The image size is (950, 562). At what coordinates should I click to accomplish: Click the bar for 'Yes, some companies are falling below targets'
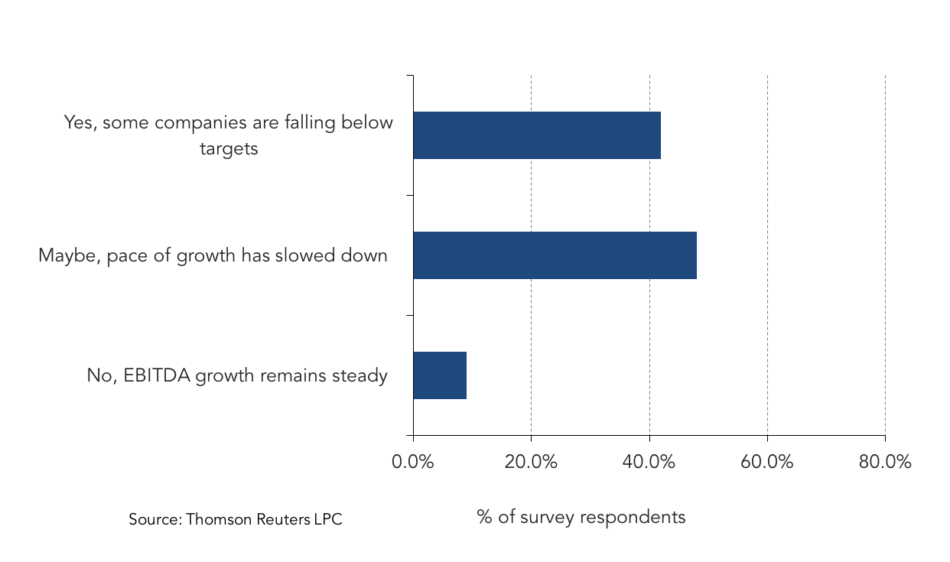coord(537,135)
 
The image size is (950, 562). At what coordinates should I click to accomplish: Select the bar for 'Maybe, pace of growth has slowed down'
coord(555,255)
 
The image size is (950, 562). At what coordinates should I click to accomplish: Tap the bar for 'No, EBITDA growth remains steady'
coord(440,375)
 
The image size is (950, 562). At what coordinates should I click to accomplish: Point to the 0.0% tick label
coord(412,462)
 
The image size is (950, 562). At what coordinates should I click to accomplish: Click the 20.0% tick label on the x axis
coord(531,462)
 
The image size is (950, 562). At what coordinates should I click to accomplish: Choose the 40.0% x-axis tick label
coord(649,462)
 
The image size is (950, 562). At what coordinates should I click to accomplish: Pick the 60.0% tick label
coord(766,462)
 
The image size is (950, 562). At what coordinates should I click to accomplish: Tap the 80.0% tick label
coord(885,462)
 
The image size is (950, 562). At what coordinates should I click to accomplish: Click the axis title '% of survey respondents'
coord(581,518)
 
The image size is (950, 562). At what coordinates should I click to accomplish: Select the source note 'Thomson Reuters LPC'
coord(264,519)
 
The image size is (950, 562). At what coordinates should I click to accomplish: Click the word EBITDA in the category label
coord(157,375)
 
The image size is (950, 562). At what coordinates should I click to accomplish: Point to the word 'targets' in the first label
coord(229,149)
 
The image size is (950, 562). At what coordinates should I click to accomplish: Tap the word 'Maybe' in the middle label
coord(67,256)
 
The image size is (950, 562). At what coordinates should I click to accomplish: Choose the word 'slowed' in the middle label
coord(305,255)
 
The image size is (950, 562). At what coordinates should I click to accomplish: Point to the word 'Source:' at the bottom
coord(155,519)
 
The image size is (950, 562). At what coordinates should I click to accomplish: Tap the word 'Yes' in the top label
coord(80,123)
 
